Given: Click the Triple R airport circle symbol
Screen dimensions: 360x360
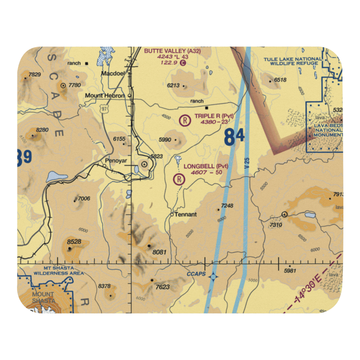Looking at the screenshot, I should coord(185,120).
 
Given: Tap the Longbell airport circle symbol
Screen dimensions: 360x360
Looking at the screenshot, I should coord(179,179).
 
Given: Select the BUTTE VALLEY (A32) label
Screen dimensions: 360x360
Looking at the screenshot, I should coord(172,51).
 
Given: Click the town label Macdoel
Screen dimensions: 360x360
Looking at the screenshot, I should coord(112,73).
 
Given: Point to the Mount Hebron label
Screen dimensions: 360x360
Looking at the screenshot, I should coord(105,96).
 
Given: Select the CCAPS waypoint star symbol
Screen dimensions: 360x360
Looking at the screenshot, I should coord(213,277).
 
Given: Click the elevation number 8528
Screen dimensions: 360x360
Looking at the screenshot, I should coord(74,242).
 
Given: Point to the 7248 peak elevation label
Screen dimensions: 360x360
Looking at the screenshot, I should coord(227,206).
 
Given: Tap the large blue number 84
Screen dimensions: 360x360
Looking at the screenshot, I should coord(234,137).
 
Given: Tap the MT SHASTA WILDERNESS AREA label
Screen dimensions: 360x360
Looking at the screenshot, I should coord(59,271).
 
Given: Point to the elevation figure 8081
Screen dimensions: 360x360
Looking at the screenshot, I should coord(159,252).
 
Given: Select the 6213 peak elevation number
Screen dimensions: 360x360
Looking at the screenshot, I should coord(173,86).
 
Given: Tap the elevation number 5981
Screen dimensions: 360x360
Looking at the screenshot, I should coord(291,271).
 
